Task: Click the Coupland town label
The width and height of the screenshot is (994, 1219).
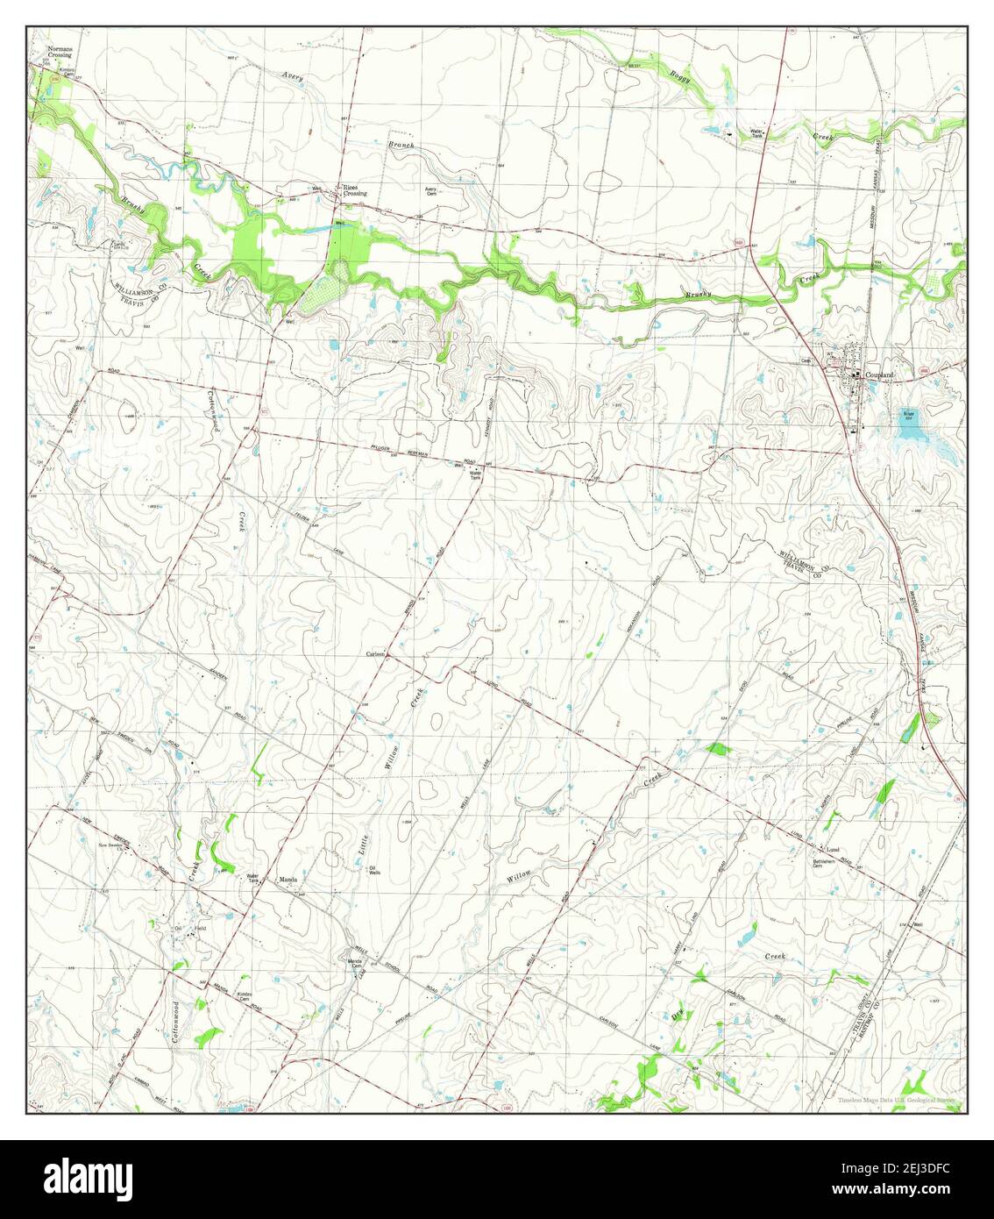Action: [880, 375]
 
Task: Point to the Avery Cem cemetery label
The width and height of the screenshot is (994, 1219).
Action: [430, 191]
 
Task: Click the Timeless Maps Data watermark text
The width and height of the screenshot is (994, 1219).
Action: [899, 1100]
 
